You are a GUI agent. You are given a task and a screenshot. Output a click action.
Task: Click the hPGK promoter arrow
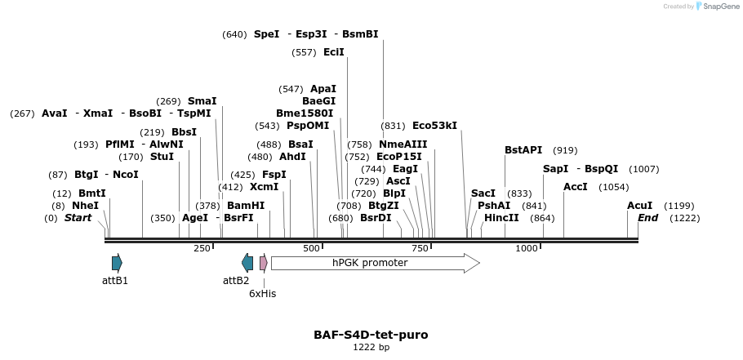[375, 263]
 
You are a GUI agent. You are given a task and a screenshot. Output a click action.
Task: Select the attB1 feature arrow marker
[117, 263]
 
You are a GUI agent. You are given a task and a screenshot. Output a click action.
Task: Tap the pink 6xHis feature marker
[263, 263]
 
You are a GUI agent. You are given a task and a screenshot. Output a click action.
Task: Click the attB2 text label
[236, 281]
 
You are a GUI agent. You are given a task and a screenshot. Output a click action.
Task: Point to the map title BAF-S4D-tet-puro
[371, 335]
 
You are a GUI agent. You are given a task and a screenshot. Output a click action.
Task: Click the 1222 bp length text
[371, 348]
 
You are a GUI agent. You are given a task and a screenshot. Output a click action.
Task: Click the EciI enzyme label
[334, 52]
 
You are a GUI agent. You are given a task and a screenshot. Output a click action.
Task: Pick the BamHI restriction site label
[246, 206]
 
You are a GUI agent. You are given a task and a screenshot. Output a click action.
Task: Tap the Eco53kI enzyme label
[434, 126]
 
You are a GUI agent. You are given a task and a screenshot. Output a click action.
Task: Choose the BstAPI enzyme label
[523, 150]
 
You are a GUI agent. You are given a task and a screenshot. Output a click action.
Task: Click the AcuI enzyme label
[639, 206]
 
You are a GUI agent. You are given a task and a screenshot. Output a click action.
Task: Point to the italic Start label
[78, 218]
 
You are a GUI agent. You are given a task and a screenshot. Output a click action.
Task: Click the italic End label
[647, 218]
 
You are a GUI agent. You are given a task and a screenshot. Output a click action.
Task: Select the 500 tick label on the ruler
[312, 248]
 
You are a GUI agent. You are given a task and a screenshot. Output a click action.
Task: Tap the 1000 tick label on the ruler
[527, 248]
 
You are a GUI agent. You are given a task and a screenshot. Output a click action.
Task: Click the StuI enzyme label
[162, 157]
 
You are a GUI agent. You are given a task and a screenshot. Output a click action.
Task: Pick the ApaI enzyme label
[323, 89]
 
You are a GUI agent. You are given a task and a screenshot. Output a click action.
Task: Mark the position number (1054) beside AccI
[613, 187]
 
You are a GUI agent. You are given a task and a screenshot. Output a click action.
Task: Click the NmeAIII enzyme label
[403, 144]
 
